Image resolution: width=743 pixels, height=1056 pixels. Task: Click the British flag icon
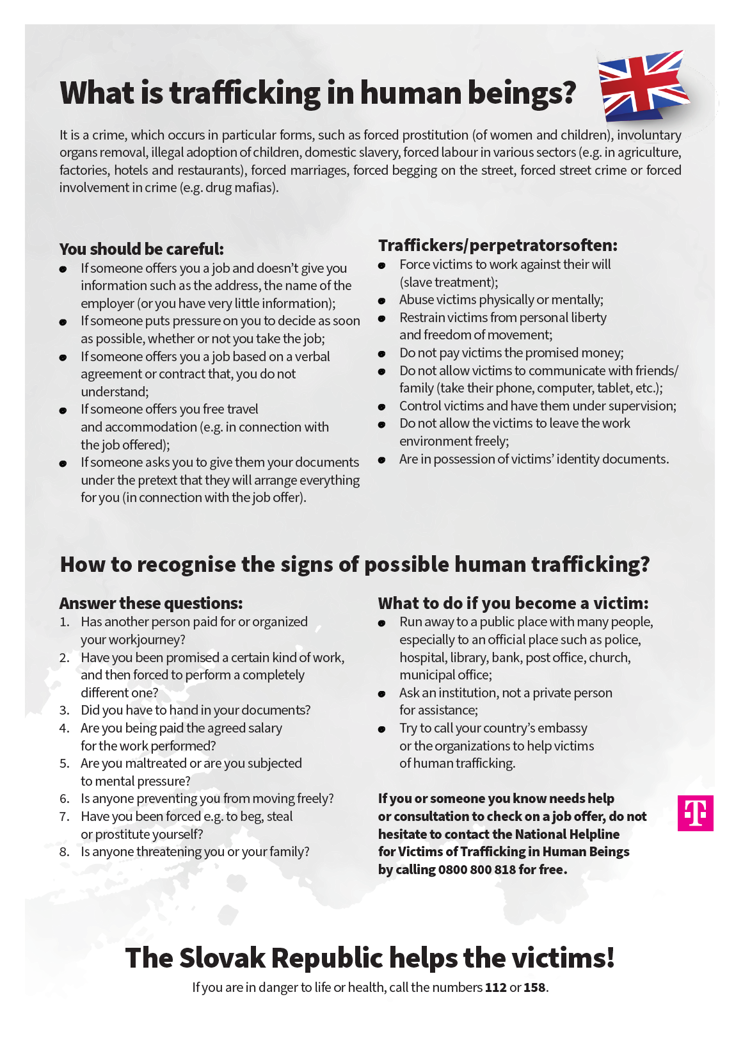(643, 86)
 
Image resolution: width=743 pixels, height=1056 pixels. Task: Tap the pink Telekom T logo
(695, 813)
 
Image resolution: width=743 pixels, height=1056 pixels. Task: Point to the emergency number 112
(495, 987)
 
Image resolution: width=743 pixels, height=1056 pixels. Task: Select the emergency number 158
(534, 987)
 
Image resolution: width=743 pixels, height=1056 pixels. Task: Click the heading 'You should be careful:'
(141, 249)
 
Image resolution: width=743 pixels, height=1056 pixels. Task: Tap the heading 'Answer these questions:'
(151, 603)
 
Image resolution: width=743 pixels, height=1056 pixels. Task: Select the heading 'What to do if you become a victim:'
(513, 603)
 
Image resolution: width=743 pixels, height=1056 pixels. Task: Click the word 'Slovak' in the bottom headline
(222, 958)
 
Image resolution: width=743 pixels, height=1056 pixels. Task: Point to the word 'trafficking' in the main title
(244, 93)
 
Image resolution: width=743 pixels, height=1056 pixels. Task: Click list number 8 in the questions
(64, 852)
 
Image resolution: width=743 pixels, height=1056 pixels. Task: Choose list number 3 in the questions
(64, 710)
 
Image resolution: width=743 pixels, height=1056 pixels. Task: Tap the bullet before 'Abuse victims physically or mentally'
(382, 301)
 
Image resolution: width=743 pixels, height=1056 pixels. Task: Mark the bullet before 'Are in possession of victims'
(382, 460)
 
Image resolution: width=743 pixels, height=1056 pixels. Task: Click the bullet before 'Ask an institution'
(382, 694)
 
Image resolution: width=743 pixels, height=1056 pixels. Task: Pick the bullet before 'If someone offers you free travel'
(63, 410)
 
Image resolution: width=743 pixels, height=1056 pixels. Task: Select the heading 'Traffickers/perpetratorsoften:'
(498, 245)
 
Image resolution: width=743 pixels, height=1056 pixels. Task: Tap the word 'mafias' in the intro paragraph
(256, 188)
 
